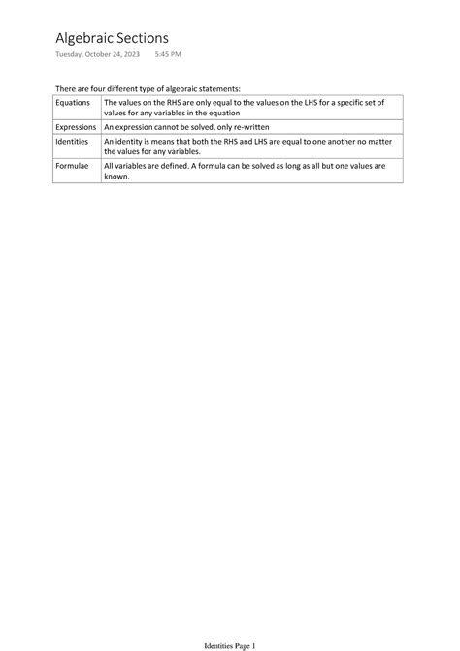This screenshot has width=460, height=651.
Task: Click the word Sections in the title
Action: [x=153, y=37]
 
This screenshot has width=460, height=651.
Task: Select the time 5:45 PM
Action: [x=168, y=54]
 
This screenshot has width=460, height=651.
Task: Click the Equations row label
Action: [x=73, y=102]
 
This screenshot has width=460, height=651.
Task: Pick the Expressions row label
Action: [x=77, y=127]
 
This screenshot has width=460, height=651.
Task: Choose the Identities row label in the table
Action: [x=73, y=142]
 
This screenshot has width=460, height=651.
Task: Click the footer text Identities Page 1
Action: [x=229, y=644]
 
